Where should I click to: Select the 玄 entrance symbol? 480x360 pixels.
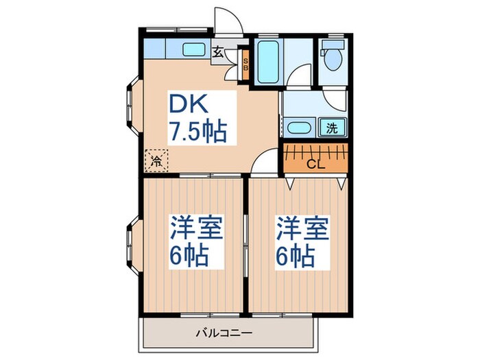tap(217, 52)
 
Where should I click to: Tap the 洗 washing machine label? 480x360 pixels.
tap(332, 127)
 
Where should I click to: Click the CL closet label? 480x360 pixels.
tap(315, 165)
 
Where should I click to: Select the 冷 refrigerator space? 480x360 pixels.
tap(157, 161)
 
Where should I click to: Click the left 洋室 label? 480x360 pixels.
tap(195, 227)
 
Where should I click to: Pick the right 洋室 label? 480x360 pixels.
tap(302, 227)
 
